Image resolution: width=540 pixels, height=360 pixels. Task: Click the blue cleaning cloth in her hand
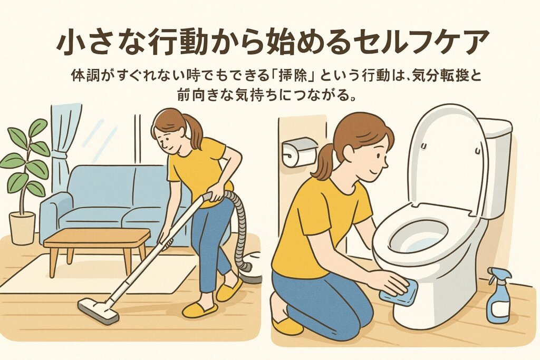tap(399, 292)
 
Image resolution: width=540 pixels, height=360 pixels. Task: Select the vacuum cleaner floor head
tap(99, 312)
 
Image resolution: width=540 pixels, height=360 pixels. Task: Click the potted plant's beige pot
tap(22, 228)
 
